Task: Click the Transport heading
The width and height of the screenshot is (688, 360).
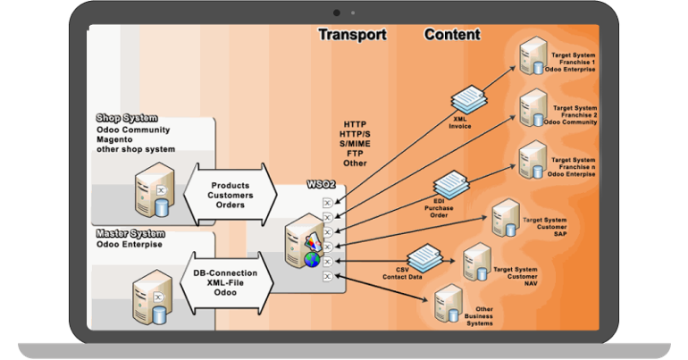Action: click(x=353, y=35)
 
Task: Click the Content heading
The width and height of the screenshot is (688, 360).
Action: click(x=451, y=35)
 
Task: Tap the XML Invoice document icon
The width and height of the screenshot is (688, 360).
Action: click(x=464, y=100)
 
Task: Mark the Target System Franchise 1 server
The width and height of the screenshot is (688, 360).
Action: click(x=533, y=55)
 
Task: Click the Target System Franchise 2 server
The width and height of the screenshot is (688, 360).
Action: click(x=533, y=107)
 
